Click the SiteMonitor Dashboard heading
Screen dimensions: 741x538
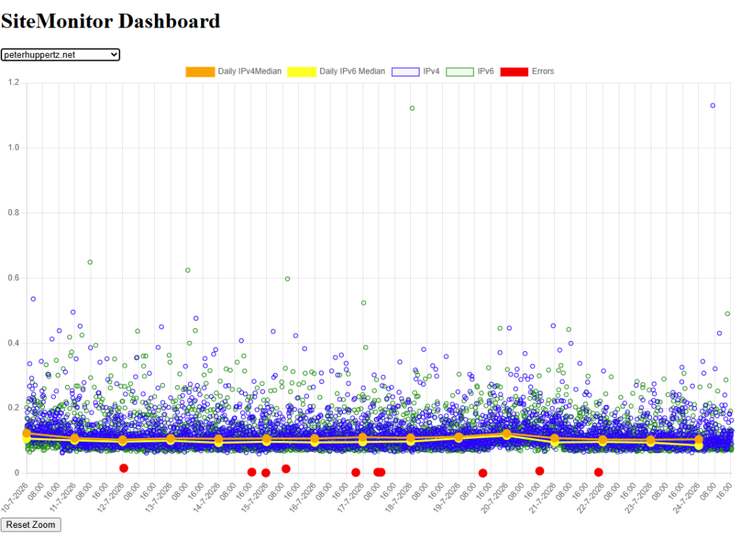click(111, 21)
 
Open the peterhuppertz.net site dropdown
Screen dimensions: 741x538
click(60, 55)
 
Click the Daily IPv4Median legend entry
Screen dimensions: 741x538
click(234, 72)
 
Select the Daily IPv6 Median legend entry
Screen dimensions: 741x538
click(336, 72)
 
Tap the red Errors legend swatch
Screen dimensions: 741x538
click(514, 72)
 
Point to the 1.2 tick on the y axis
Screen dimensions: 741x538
click(14, 83)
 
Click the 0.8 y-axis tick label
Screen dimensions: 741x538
click(14, 213)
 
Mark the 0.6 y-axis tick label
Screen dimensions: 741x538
click(14, 278)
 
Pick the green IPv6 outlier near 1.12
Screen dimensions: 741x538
click(412, 109)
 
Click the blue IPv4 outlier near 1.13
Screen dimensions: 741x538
click(713, 106)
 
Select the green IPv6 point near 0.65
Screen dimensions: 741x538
click(90, 262)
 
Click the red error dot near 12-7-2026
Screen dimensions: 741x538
click(124, 468)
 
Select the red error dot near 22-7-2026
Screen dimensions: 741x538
click(598, 472)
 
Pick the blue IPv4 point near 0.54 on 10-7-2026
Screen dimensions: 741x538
click(33, 299)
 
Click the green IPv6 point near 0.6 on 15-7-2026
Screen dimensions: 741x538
click(287, 279)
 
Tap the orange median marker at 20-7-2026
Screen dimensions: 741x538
click(507, 434)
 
